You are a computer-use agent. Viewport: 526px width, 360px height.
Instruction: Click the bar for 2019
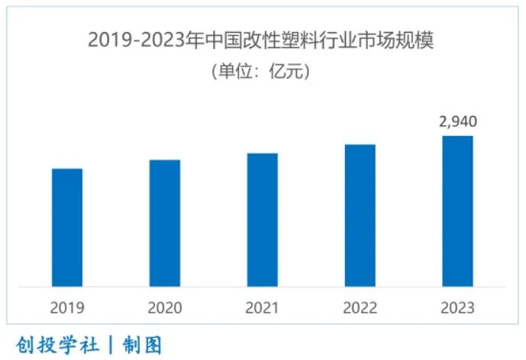coord(67,227)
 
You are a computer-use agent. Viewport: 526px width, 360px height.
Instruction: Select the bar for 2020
coord(165,223)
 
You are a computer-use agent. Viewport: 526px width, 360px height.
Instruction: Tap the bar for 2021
coord(263,220)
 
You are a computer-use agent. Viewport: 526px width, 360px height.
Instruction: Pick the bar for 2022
coord(360,215)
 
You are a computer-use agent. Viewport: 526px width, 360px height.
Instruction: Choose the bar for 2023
coord(457,211)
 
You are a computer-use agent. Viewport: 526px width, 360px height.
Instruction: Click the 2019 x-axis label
coord(67,308)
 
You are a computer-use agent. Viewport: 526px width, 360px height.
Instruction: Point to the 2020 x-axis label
coord(165,308)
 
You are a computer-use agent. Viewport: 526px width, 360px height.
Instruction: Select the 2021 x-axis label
coord(263,308)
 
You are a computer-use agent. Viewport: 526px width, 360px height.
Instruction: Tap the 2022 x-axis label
coord(360,308)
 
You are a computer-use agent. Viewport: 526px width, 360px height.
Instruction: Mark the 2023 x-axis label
coord(457,308)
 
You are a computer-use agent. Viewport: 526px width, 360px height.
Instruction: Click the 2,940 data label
coord(457,121)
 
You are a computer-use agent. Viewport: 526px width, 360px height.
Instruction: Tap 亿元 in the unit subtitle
coord(287,72)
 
